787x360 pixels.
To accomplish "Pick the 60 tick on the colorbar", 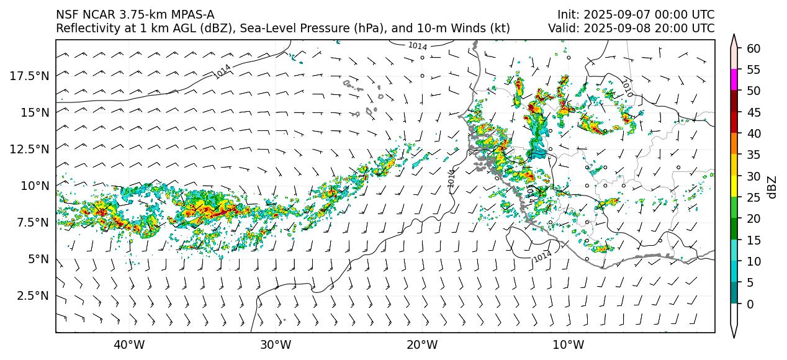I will point(753,48).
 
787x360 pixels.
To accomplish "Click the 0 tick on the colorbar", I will point(750,304).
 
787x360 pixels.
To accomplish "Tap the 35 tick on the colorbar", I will point(753,155).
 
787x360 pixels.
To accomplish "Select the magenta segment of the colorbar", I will point(734,80).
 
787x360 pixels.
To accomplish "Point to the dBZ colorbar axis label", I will point(772,186).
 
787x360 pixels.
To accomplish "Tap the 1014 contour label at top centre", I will point(417,46).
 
